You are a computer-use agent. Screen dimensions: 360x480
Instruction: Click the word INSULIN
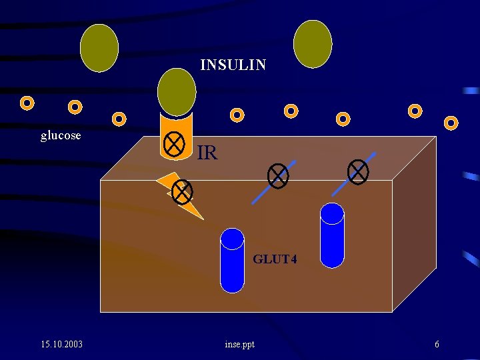point(233,65)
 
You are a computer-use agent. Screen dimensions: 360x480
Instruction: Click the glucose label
point(61,135)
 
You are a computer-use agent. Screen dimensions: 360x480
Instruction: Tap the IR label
point(207,153)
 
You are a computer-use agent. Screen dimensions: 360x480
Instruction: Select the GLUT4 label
point(275,259)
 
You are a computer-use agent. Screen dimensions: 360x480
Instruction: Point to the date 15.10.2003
point(61,344)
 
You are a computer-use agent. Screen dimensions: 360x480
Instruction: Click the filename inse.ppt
point(240,344)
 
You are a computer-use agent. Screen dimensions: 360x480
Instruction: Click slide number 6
point(437,344)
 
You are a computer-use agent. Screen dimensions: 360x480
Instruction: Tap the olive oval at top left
point(99,48)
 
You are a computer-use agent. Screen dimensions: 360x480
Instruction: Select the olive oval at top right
point(313,44)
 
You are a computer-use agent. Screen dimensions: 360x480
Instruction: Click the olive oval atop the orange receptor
point(177,91)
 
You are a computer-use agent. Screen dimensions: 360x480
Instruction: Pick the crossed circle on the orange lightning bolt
point(182,192)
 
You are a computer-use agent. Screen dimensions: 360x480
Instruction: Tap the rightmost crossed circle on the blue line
point(359,171)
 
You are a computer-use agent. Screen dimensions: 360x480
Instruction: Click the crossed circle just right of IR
point(277,176)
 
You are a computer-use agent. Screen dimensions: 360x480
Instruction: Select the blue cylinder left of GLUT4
point(233,260)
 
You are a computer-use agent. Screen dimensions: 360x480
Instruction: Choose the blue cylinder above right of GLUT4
point(332,235)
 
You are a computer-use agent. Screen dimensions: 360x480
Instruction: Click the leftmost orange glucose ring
point(27,103)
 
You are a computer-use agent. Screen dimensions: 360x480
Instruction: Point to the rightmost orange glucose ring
point(451,123)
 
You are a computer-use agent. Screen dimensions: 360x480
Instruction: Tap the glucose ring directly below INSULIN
point(237,115)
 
